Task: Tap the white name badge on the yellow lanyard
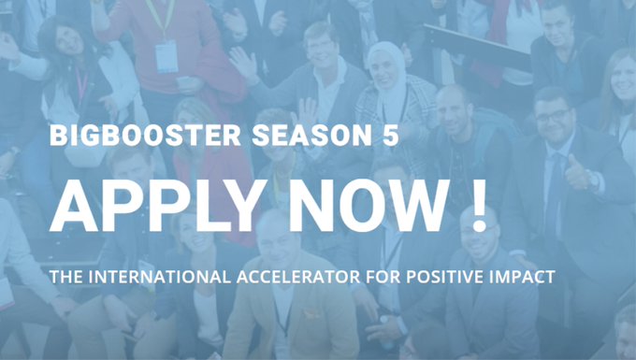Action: point(166,56)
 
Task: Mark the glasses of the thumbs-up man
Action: point(554,115)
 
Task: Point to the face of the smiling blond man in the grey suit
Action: point(321,47)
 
